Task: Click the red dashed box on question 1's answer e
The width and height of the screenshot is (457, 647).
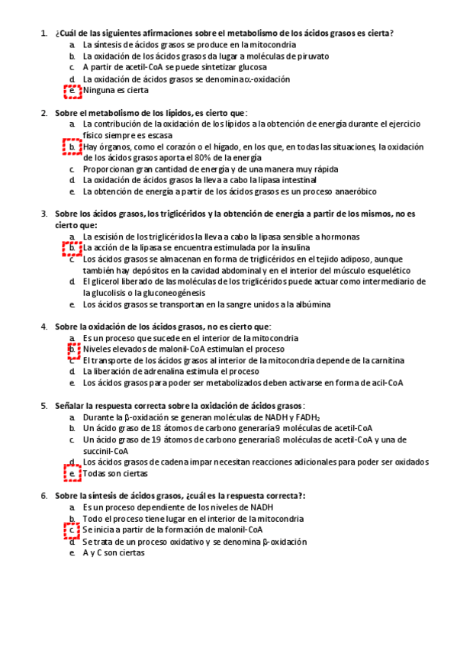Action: [x=72, y=92]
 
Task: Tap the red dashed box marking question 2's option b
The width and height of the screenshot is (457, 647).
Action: [x=72, y=146]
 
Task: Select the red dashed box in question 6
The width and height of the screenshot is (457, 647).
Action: [x=72, y=530]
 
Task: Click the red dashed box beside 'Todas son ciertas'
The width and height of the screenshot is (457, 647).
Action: [x=72, y=475]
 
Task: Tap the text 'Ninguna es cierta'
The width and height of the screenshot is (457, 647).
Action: [x=116, y=91]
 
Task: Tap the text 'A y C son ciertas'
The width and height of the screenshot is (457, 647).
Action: [x=114, y=552]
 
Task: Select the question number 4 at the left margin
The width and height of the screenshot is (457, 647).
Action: [x=43, y=327]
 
